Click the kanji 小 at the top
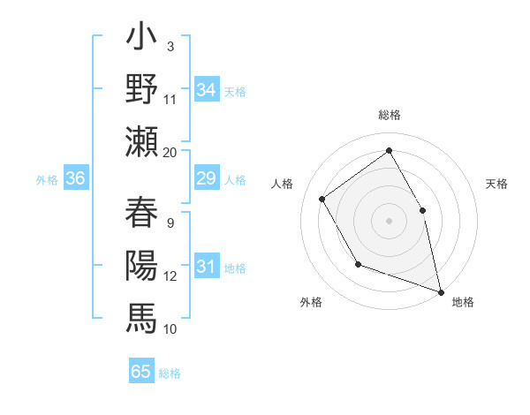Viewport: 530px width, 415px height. pos(141,40)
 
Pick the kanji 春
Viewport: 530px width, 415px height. pos(141,214)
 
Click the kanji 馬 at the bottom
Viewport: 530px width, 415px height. pos(141,316)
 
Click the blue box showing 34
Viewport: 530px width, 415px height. pos(206,90)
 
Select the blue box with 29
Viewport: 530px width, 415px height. pos(206,179)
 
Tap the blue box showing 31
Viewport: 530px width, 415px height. pos(206,267)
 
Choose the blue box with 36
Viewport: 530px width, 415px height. pos(76,179)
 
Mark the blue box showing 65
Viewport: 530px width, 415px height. pos(140,372)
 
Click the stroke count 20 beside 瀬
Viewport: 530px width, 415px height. pos(170,152)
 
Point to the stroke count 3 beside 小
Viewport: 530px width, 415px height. pos(170,46)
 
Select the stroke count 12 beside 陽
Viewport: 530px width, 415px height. pos(170,275)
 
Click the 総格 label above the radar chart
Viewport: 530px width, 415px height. pos(389,116)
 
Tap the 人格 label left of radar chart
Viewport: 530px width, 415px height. pos(282,184)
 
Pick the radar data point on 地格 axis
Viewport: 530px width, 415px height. pos(440,290)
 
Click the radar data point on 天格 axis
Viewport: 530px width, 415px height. pos(422,210)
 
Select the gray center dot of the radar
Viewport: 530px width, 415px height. pos(389,220)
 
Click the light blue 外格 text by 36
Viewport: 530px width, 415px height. pos(47,180)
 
